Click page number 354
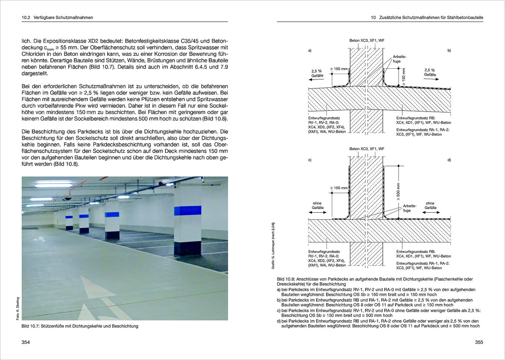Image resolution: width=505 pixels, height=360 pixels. click(x=25, y=342)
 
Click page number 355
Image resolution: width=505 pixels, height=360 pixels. click(x=479, y=342)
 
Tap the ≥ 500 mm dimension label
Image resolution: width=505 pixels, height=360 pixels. click(x=399, y=192)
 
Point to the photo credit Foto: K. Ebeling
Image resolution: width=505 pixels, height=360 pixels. click(x=18, y=308)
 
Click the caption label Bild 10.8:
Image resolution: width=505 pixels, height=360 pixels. click(x=286, y=279)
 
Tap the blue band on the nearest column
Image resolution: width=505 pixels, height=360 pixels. click(x=188, y=211)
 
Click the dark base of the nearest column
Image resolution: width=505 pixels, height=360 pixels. click(x=188, y=248)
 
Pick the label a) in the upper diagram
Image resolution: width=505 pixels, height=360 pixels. click(x=310, y=50)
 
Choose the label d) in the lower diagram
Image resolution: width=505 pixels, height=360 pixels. click(x=449, y=160)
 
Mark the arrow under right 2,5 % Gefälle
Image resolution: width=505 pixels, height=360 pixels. click(x=431, y=79)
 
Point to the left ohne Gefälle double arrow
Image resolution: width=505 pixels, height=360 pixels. click(x=318, y=212)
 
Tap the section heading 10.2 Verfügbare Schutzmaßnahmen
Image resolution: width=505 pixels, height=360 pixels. click(x=57, y=17)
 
